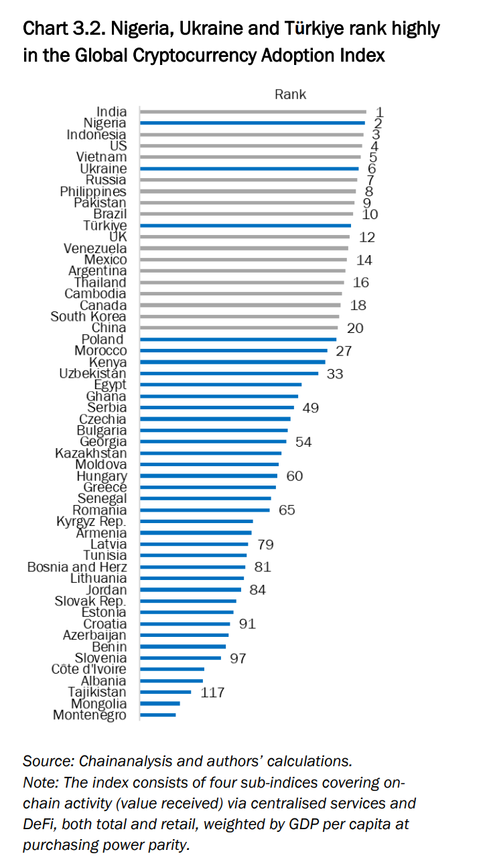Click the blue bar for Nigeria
point(252,123)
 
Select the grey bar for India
point(253,112)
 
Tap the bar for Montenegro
point(158,715)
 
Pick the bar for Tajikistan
point(165,693)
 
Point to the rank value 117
point(212,693)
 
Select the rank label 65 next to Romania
point(287,510)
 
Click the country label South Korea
point(88,317)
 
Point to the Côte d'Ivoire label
point(89,670)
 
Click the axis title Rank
point(290,94)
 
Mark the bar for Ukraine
point(249,169)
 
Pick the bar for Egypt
point(220,385)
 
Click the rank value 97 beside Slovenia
point(238,658)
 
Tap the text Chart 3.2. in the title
point(63,29)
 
